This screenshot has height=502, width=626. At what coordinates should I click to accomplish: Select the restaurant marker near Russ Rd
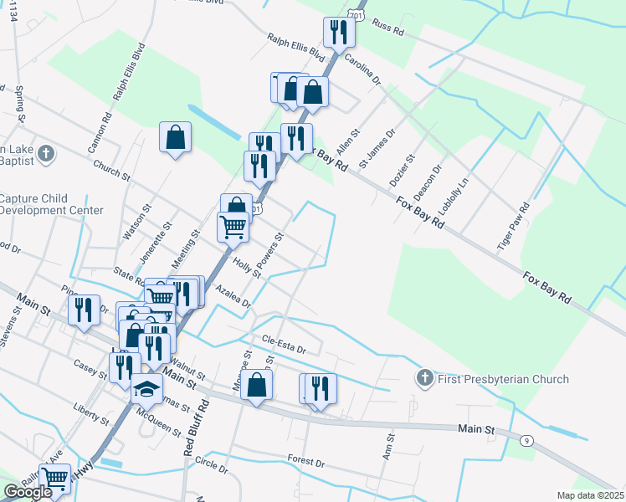pyautogui.click(x=339, y=32)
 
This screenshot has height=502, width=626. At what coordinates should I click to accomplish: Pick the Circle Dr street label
pyautogui.click(x=211, y=463)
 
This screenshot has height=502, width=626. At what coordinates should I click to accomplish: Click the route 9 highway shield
pyautogui.click(x=526, y=441)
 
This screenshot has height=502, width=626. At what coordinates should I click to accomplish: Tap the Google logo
pyautogui.click(x=28, y=492)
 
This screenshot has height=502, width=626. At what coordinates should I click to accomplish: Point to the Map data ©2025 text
pyautogui.click(x=589, y=495)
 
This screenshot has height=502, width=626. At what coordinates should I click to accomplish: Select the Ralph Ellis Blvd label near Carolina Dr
pyautogui.click(x=295, y=48)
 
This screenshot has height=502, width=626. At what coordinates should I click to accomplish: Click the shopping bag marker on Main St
pyautogui.click(x=258, y=385)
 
